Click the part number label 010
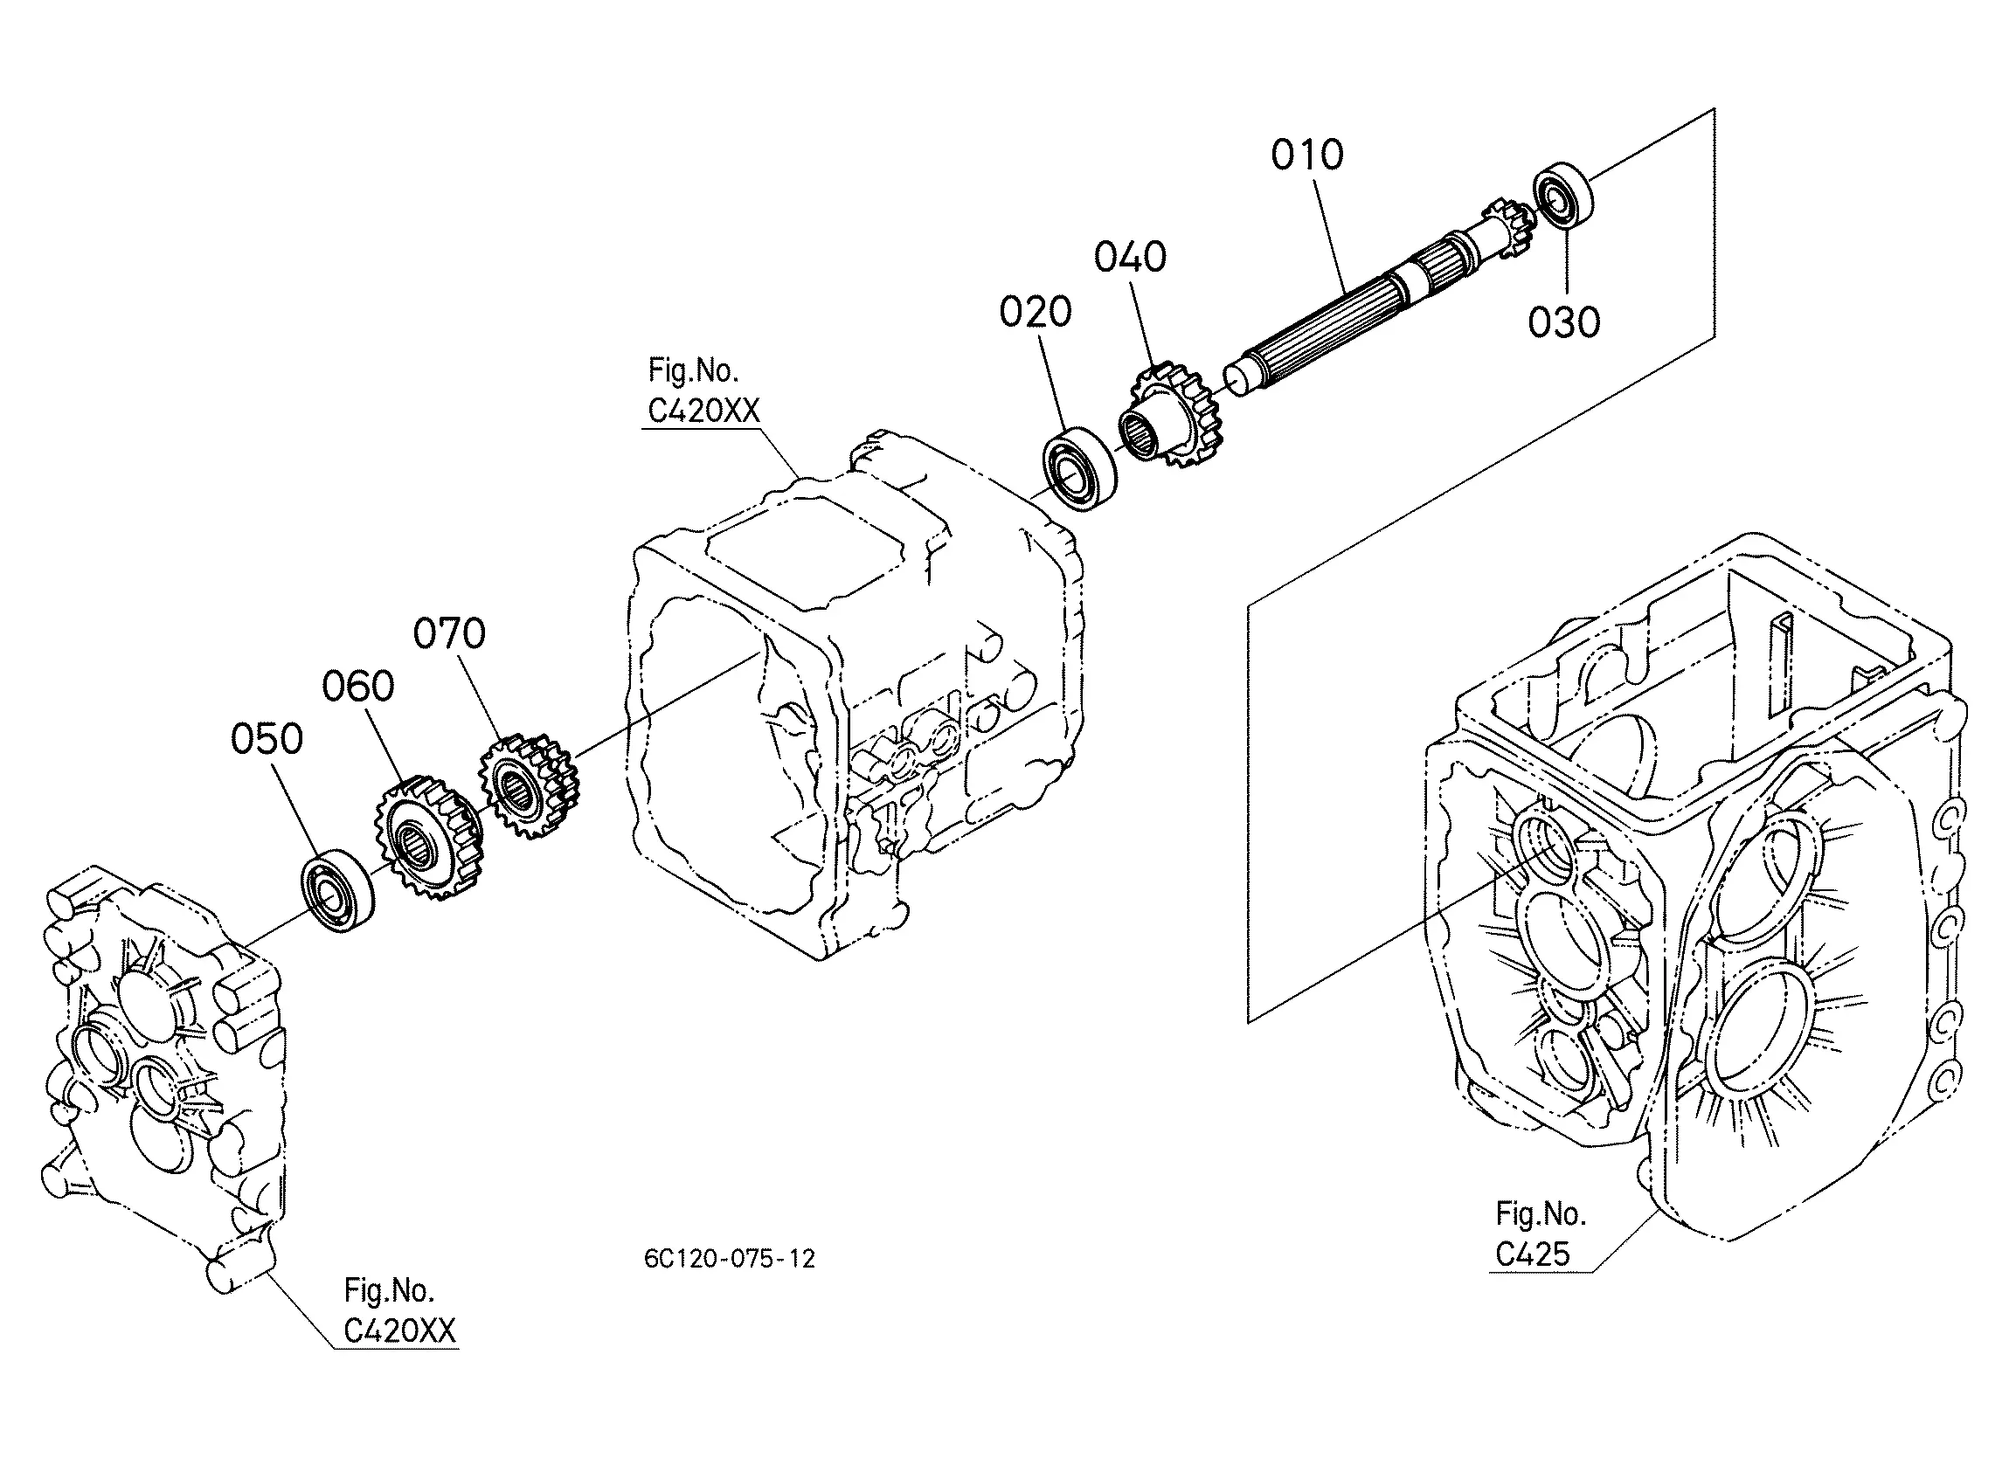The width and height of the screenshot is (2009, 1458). click(1306, 155)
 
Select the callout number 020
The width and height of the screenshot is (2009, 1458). click(1036, 312)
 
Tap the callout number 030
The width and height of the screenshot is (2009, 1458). click(1563, 322)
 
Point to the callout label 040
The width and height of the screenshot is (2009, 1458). click(1129, 257)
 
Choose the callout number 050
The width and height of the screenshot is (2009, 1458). click(267, 738)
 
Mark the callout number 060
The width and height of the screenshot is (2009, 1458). click(358, 686)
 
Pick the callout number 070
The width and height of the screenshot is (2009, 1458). click(450, 633)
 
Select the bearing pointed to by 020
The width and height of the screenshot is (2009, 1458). click(1079, 469)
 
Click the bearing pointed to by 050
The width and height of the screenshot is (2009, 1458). click(336, 891)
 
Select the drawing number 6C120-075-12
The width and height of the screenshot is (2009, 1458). click(729, 1259)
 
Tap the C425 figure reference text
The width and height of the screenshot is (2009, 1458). click(1533, 1254)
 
